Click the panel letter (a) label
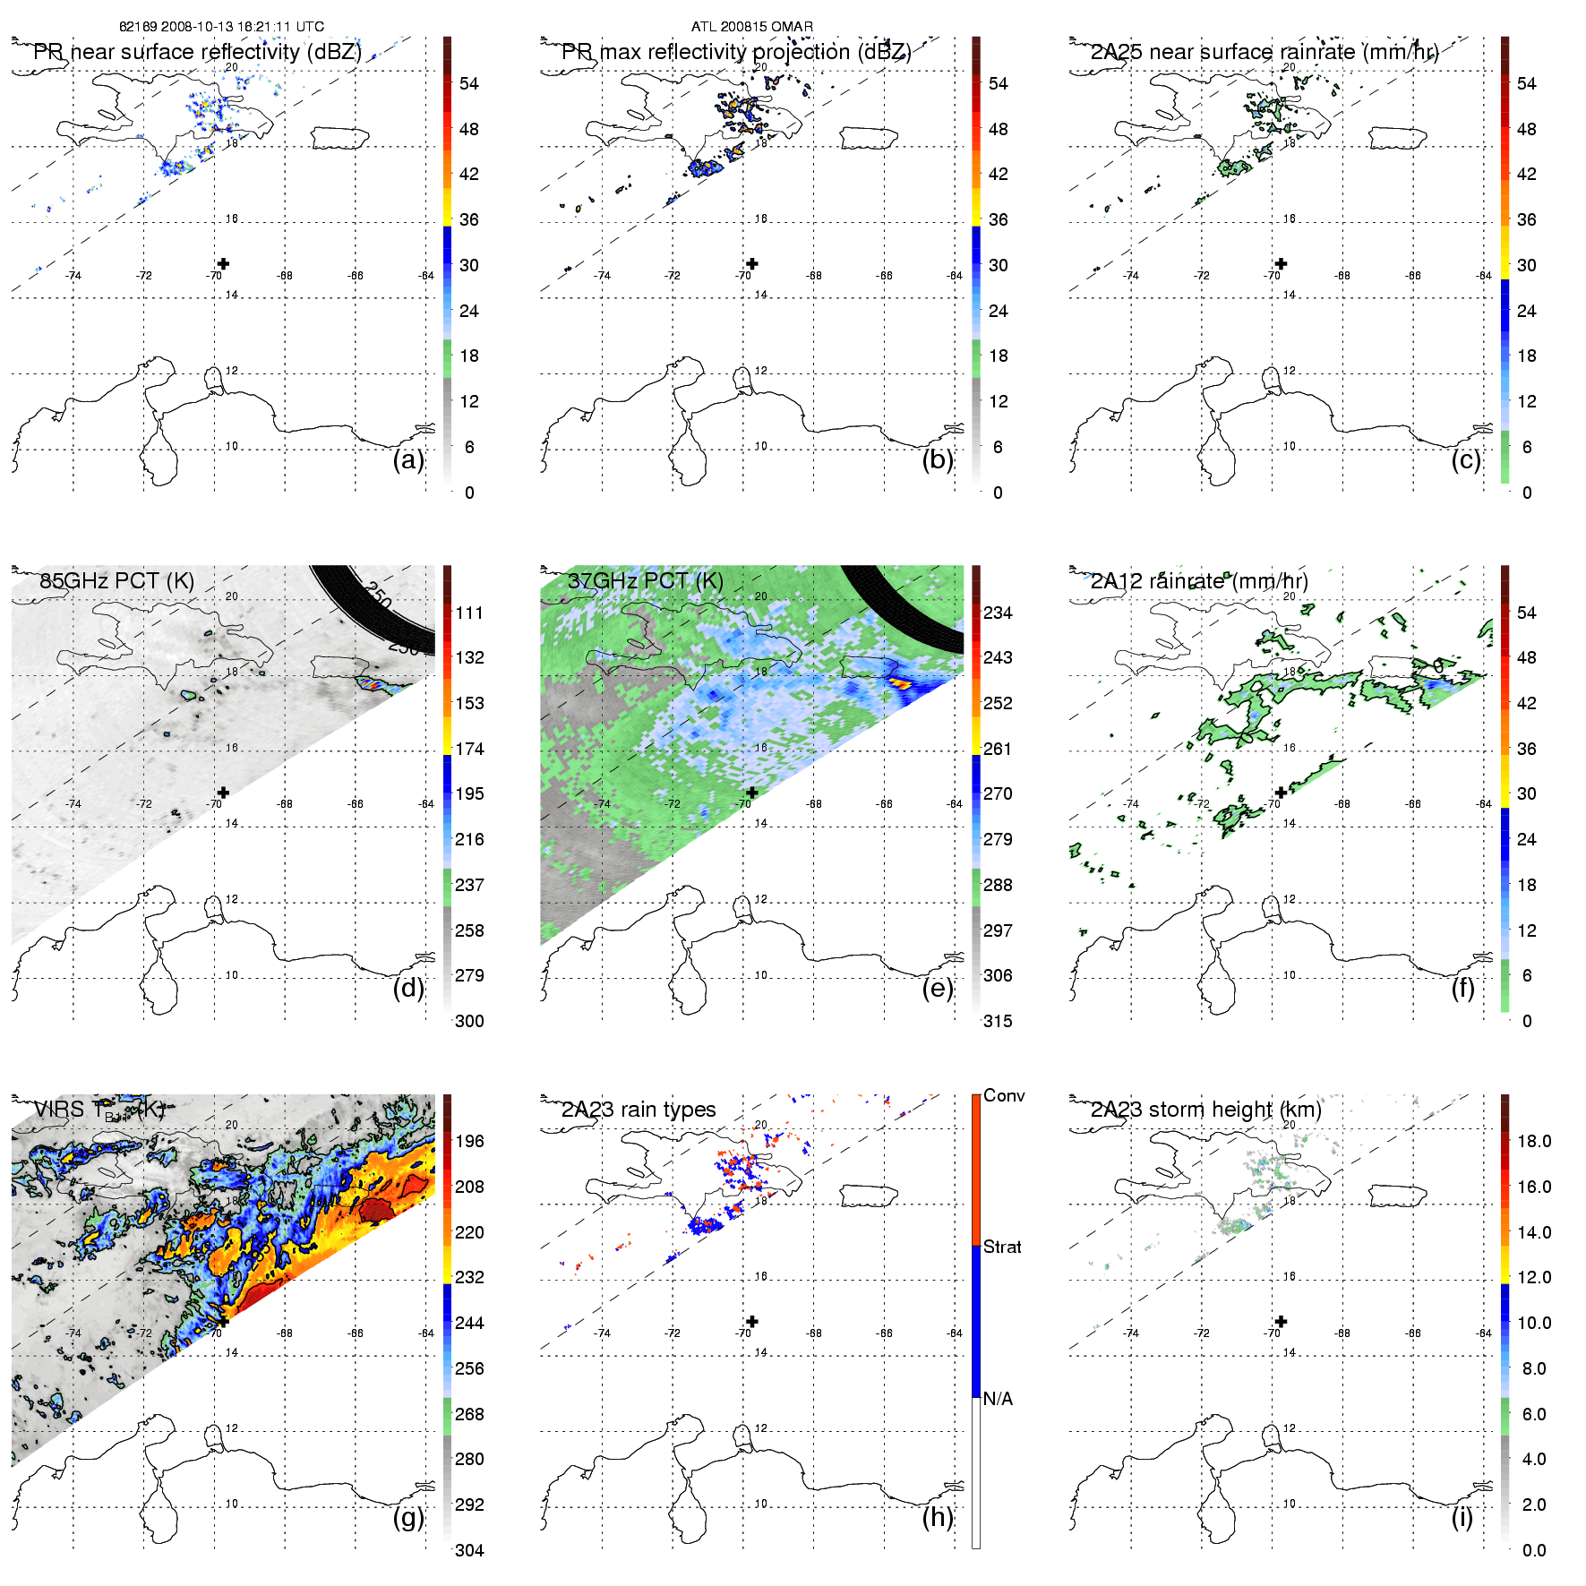(407, 460)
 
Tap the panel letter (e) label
(937, 989)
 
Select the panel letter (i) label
(1462, 1517)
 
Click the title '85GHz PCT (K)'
(116, 580)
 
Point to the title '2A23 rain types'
(639, 1110)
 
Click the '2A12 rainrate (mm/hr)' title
(1199, 580)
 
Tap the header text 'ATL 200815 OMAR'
(752, 27)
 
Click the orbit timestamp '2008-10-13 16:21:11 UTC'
(243, 27)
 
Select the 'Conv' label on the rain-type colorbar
(1004, 1095)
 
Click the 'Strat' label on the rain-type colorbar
(1002, 1247)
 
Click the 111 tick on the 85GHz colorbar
(469, 613)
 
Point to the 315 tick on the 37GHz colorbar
(998, 1021)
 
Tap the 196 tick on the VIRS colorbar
(469, 1141)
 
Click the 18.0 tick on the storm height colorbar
(1533, 1141)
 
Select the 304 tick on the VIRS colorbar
(469, 1550)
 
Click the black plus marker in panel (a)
(223, 263)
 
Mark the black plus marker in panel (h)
(752, 1321)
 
